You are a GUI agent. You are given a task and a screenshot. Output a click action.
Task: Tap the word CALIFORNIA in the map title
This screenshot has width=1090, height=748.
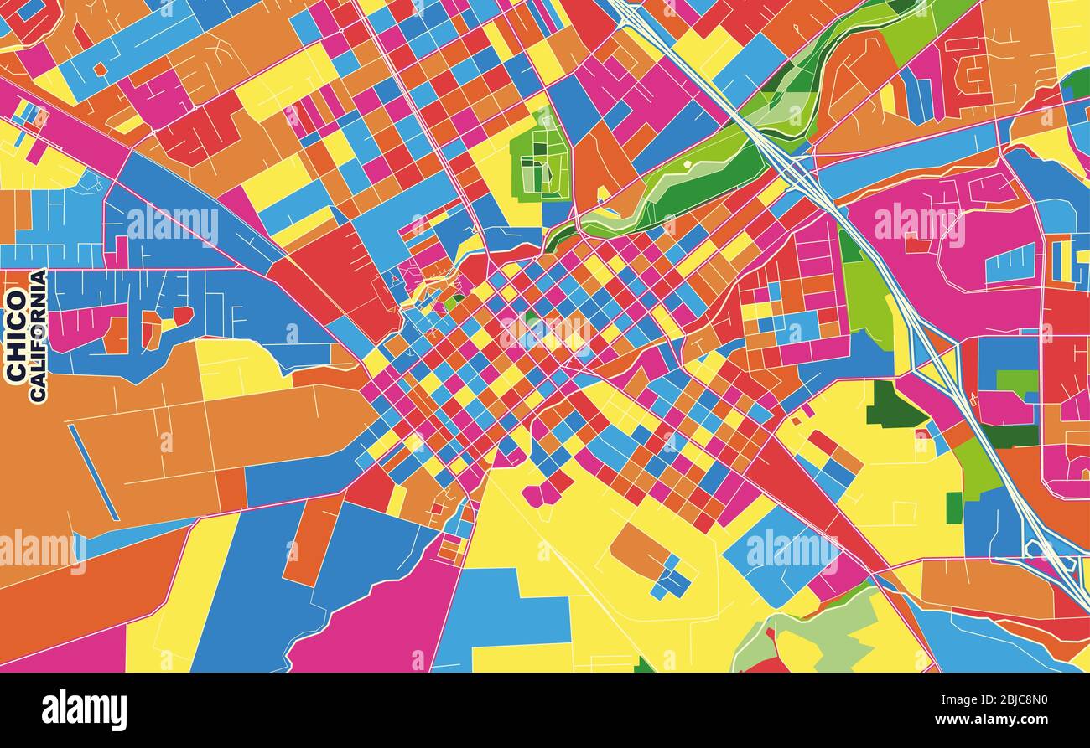(38, 336)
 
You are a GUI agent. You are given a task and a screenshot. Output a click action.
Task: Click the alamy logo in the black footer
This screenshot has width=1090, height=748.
(84, 710)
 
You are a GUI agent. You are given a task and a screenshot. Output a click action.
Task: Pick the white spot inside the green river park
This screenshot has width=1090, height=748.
(687, 166)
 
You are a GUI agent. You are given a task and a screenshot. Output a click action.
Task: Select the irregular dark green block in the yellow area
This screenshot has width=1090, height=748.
(893, 407)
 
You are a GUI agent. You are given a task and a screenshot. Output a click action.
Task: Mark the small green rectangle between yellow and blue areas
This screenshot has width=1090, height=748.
(953, 508)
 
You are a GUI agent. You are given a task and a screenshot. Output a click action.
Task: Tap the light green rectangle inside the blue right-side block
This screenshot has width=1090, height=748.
(1016, 381)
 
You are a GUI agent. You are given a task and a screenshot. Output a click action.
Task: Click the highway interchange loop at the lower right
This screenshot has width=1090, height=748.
(1044, 549)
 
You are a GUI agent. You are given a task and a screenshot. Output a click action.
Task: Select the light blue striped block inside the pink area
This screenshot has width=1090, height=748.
(1010, 265)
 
